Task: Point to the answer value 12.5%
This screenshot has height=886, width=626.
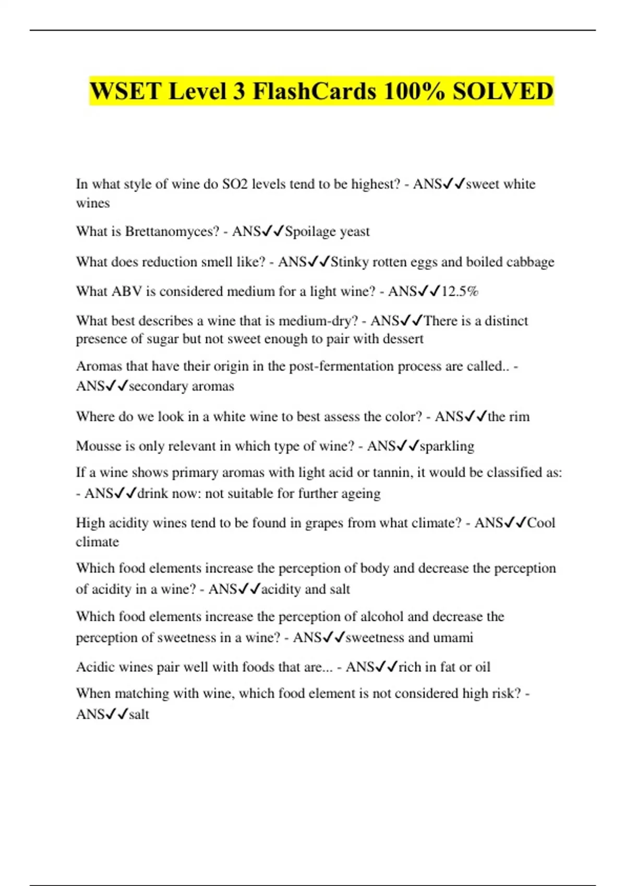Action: point(460,291)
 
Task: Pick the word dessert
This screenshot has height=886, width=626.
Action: point(403,339)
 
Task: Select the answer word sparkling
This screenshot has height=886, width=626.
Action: point(447,446)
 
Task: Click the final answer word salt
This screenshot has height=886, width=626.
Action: point(139,714)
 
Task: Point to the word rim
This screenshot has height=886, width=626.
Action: point(519,416)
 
